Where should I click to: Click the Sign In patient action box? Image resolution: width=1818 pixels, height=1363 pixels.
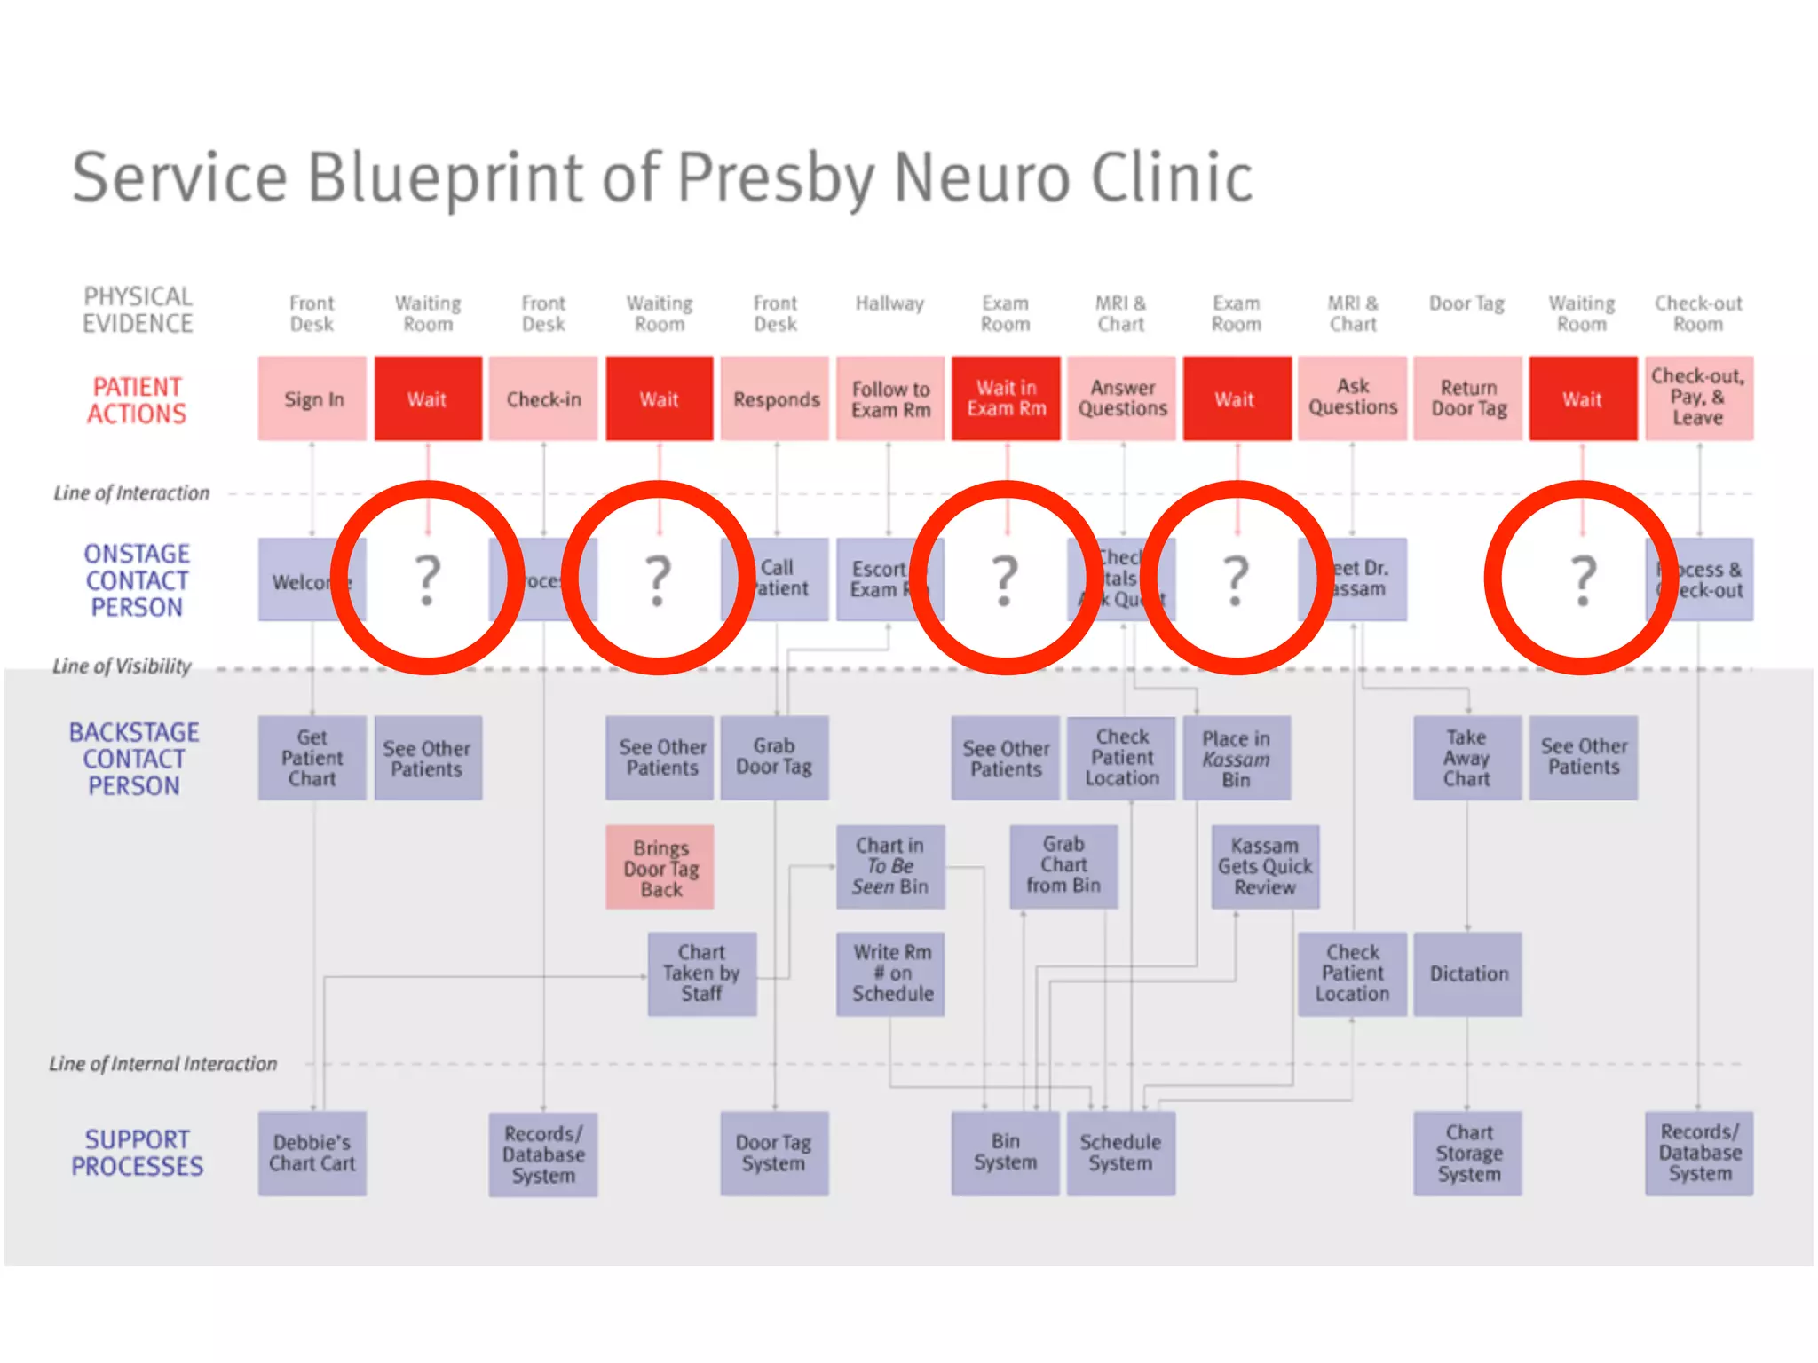312,398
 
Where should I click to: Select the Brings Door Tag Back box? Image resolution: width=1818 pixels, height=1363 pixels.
660,868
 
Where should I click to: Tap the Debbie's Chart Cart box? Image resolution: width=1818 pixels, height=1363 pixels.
312,1153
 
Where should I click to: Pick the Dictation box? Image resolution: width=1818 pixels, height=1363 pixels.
1467,973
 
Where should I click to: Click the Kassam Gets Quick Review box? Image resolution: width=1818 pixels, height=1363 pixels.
1265,867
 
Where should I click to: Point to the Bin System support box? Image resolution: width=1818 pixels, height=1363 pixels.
1005,1153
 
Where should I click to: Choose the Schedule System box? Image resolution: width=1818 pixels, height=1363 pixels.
1120,1153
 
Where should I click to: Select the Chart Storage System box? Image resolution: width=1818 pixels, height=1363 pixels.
1467,1153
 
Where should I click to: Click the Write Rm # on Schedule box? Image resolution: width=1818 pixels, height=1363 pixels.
891,973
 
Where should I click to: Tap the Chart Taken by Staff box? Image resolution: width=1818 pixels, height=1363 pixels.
702,973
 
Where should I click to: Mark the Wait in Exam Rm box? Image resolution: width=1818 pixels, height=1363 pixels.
1006,398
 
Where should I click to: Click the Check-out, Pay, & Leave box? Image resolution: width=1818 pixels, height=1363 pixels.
1698,398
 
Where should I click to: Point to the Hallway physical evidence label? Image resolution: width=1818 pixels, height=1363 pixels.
889,304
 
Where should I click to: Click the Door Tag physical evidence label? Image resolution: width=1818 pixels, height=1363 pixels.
1466,304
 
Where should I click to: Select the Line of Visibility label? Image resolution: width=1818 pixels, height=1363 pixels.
122,666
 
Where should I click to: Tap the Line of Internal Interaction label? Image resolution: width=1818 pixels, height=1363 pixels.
163,1063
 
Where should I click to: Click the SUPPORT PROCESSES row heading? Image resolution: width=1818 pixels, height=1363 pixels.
137,1153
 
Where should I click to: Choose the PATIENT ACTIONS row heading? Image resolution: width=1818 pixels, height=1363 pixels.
137,400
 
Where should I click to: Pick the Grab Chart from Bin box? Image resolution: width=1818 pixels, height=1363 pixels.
1063,865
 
